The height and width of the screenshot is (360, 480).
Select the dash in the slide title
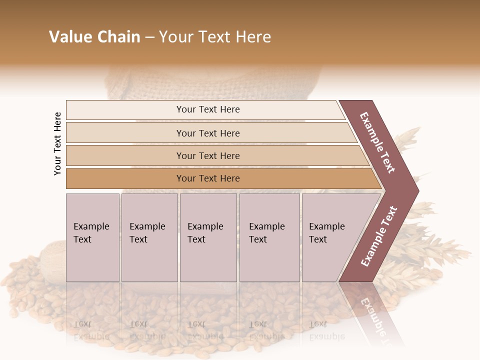coord(150,37)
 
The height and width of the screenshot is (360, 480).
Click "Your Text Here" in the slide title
coord(215,37)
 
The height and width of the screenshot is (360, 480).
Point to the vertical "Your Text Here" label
coord(57,143)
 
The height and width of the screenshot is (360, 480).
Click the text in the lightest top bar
coord(208,109)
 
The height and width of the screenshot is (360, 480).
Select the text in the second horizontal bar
coord(208,133)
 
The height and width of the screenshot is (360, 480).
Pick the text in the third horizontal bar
coord(208,156)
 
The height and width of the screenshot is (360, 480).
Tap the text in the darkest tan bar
coord(208,178)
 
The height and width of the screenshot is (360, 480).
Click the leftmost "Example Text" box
coord(92,233)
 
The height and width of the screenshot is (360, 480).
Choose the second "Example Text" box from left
coord(148,233)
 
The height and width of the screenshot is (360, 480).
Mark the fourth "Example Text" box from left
coord(268,233)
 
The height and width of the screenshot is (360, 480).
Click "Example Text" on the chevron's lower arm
coord(379,236)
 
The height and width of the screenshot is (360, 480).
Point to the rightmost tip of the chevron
coord(418,190)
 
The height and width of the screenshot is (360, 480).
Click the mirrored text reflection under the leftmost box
coord(91,330)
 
